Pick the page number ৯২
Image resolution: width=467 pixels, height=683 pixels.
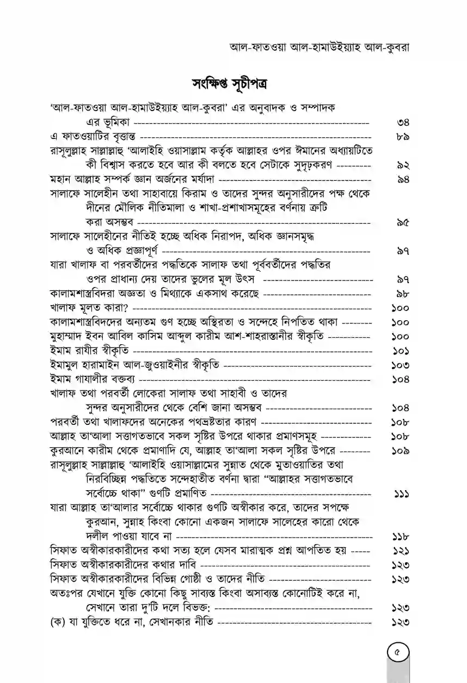tap(403, 164)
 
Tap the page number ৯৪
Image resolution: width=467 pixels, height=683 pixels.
tap(403, 179)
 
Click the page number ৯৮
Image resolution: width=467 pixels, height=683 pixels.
tap(403, 294)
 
